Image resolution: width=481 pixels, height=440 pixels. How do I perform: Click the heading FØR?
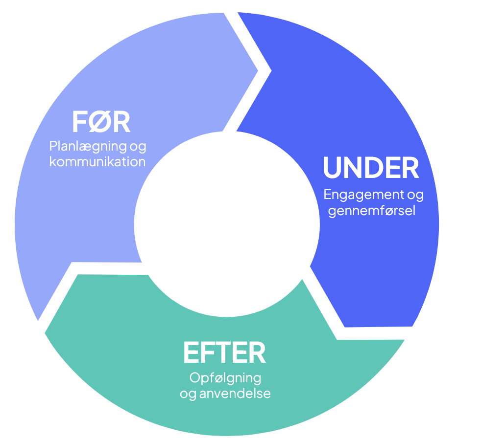click(x=101, y=123)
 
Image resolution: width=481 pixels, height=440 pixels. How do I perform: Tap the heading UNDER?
click(x=371, y=168)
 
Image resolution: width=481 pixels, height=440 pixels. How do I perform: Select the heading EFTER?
click(x=224, y=353)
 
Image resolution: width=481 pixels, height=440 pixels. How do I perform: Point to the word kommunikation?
click(x=97, y=161)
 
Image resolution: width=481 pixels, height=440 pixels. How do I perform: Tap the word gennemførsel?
click(x=372, y=211)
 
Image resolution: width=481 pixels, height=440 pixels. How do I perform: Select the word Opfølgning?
click(x=225, y=378)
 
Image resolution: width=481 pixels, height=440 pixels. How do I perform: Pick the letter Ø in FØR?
click(x=101, y=123)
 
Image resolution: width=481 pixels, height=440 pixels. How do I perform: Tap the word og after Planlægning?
click(x=138, y=147)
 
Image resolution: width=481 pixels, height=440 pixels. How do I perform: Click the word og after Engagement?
click(x=415, y=195)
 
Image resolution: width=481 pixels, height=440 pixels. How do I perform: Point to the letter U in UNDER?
click(x=333, y=168)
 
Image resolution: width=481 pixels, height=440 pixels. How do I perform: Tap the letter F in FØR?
click(x=80, y=123)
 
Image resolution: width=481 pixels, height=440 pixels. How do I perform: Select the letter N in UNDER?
click(x=353, y=168)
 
